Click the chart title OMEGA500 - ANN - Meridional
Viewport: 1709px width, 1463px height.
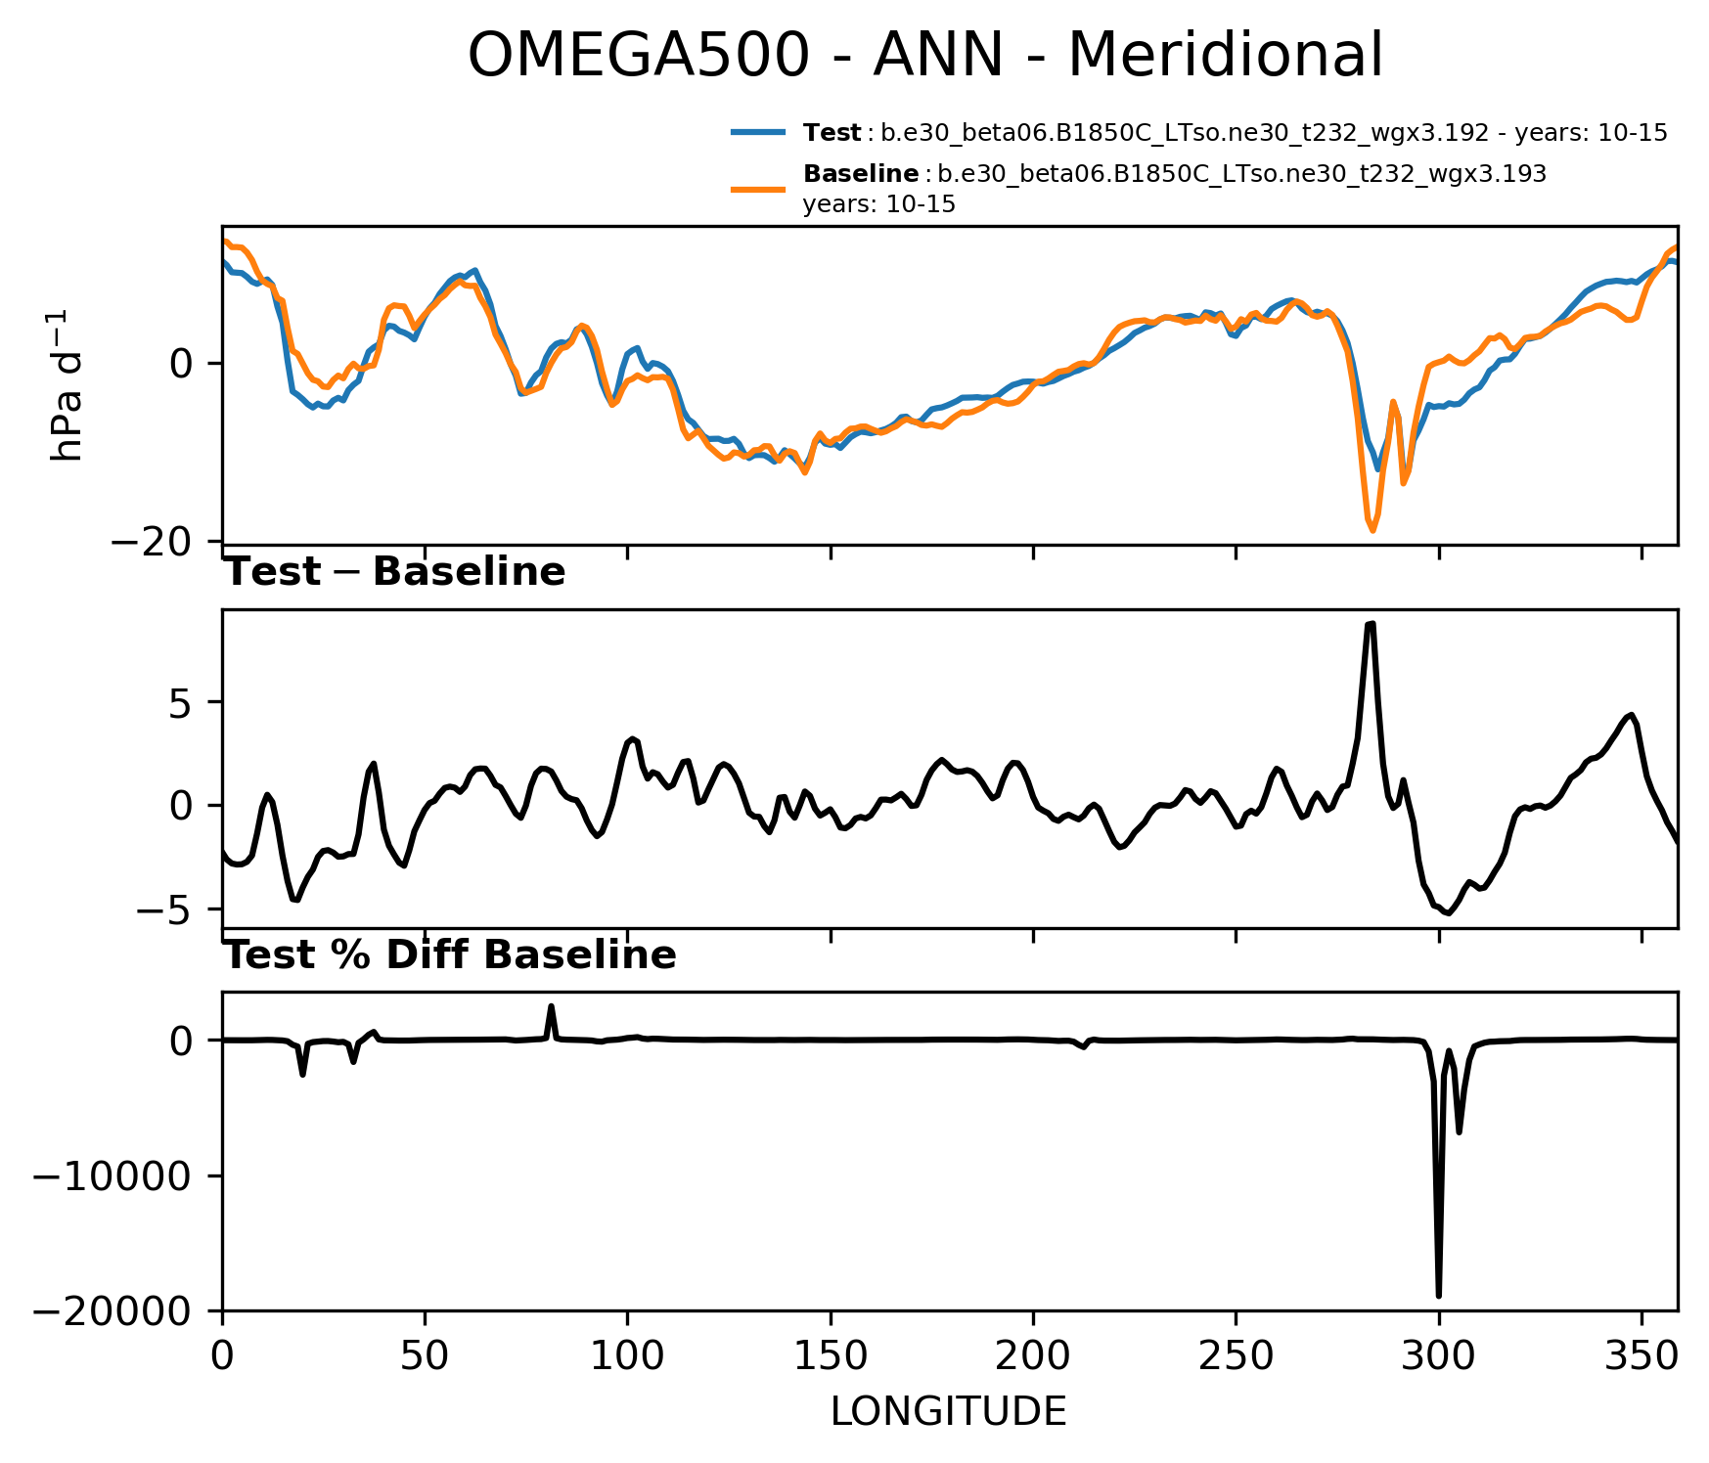(x=924, y=55)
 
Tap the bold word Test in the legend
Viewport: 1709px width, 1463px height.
(x=832, y=133)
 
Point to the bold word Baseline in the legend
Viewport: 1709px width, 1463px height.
(x=861, y=175)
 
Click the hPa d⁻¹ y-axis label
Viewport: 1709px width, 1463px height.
(x=67, y=385)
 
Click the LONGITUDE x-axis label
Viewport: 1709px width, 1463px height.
(x=948, y=1412)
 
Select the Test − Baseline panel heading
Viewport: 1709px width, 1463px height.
(x=395, y=572)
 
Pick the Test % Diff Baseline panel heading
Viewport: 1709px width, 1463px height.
(x=450, y=955)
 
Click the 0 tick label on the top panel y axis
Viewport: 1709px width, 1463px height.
(x=182, y=364)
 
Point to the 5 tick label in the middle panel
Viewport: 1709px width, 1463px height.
(x=182, y=703)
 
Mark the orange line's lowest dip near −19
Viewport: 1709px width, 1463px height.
(x=1372, y=531)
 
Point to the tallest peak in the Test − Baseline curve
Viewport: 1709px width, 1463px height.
(x=1371, y=623)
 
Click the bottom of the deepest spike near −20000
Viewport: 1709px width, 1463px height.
(x=1439, y=1296)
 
